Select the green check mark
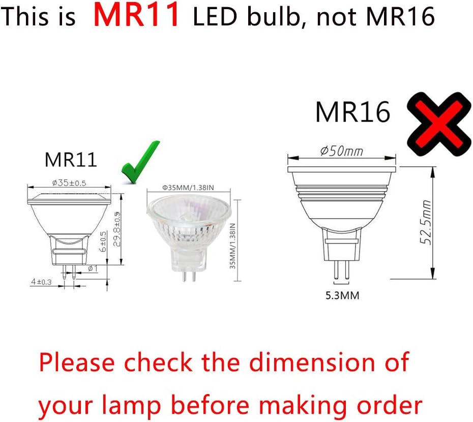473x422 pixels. pos(140,162)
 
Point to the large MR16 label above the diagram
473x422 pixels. pos(352,112)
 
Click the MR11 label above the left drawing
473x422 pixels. pos(71,160)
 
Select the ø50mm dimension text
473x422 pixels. pos(341,151)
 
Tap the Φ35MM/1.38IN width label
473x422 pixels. pos(188,188)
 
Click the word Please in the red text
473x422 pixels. pos(77,363)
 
